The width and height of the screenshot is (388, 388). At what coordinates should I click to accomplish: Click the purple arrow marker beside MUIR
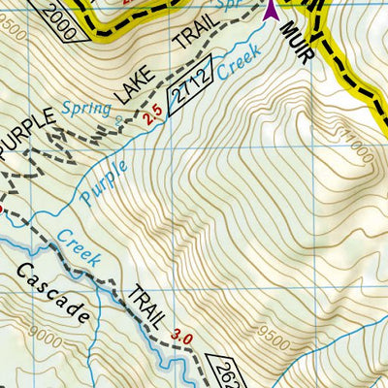point(271,11)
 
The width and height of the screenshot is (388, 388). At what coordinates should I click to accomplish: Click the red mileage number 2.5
point(151,118)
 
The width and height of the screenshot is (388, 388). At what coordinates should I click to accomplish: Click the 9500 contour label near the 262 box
point(276,340)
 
